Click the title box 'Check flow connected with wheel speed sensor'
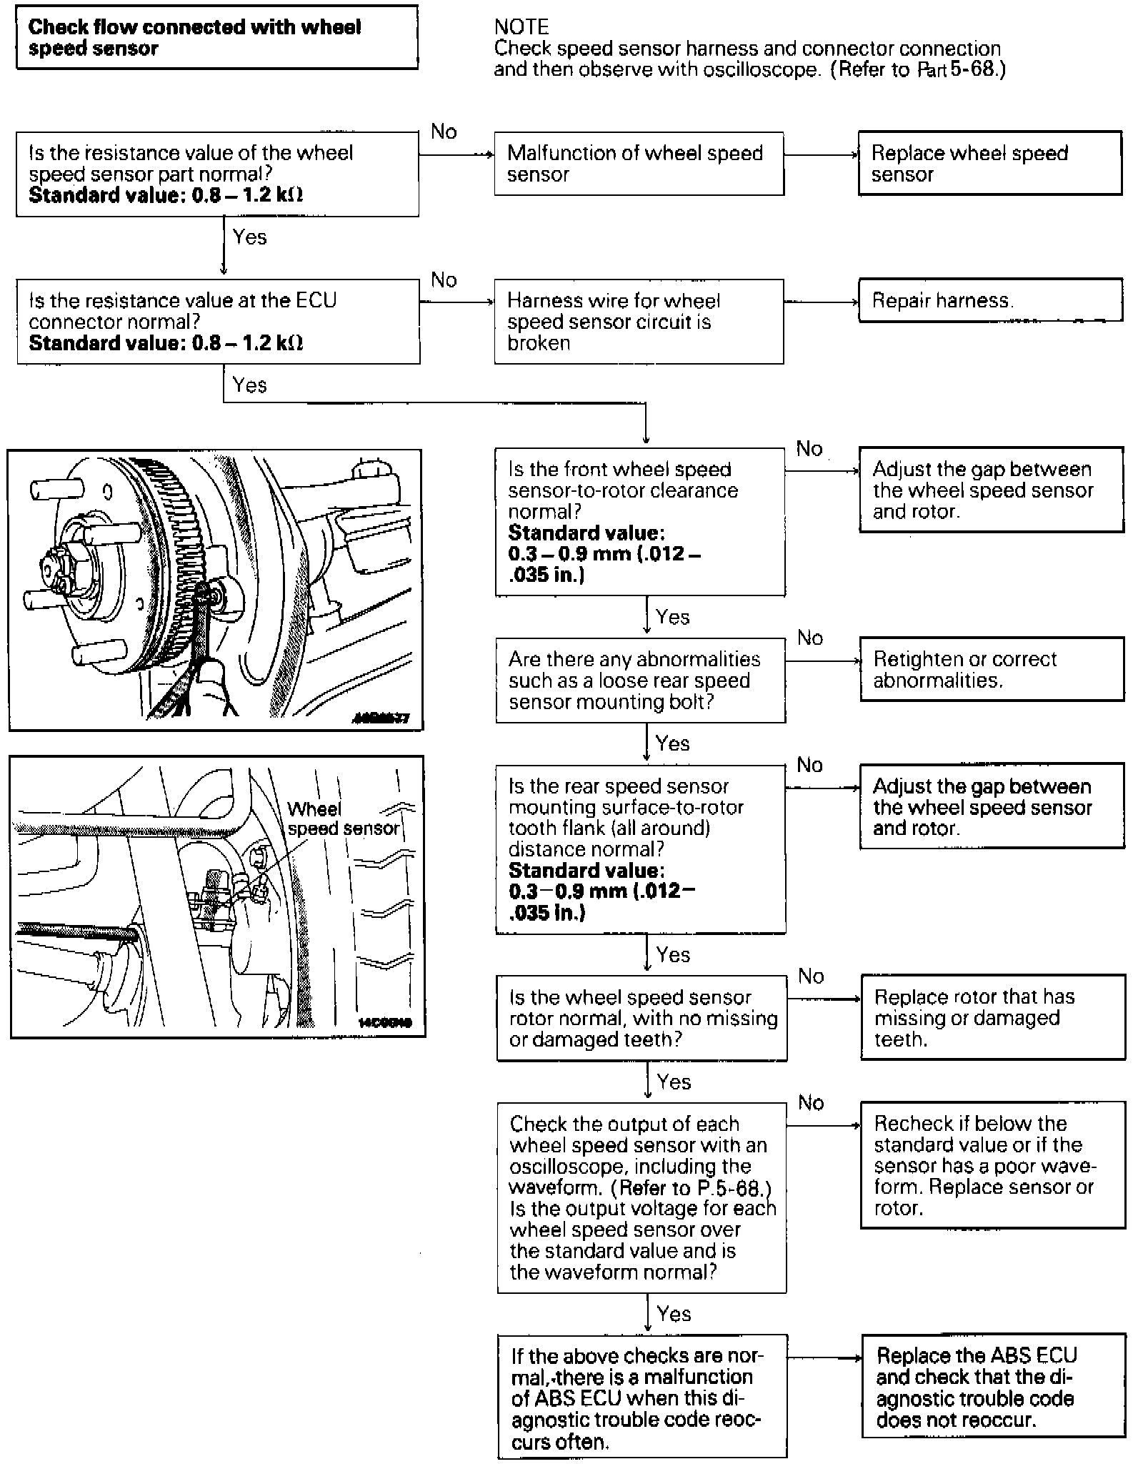point(216,37)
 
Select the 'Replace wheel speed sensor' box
point(989,163)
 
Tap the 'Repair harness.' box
point(989,300)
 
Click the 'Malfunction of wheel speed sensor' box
point(639,164)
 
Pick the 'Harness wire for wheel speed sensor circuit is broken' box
point(639,322)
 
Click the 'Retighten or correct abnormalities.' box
point(992,669)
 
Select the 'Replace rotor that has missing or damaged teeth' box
point(992,1017)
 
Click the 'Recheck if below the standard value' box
point(992,1165)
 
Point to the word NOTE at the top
point(521,27)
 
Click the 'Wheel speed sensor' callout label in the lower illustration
point(343,818)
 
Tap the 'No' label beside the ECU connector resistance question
point(444,280)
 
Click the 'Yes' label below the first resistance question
point(249,237)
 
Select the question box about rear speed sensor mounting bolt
point(641,681)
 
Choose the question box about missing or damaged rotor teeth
point(642,1018)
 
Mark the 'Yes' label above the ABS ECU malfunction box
point(674,1313)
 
